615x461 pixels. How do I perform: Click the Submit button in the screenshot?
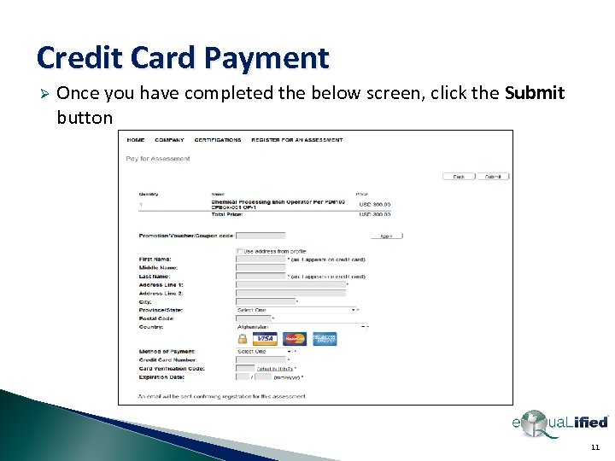(x=493, y=177)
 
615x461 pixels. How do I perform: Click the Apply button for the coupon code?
(x=386, y=236)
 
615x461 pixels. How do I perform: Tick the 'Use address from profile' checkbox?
(x=239, y=251)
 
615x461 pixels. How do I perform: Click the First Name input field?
(x=261, y=259)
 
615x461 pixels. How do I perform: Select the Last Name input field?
(x=261, y=276)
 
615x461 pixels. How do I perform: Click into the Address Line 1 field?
(x=290, y=284)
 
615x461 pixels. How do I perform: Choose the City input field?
(x=265, y=301)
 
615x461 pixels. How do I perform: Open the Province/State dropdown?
(x=295, y=310)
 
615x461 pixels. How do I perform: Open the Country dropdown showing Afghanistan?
(x=302, y=326)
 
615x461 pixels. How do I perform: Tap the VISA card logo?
(x=265, y=339)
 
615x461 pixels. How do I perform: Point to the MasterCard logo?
(x=295, y=339)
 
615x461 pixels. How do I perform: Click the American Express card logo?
(x=325, y=339)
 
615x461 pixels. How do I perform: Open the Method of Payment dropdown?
(x=264, y=351)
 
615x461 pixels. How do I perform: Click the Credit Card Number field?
(x=261, y=359)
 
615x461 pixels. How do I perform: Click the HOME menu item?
(x=136, y=140)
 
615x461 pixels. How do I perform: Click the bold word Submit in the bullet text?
(x=535, y=93)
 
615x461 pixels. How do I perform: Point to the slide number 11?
(x=595, y=446)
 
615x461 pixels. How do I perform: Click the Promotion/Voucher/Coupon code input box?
(x=261, y=236)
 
